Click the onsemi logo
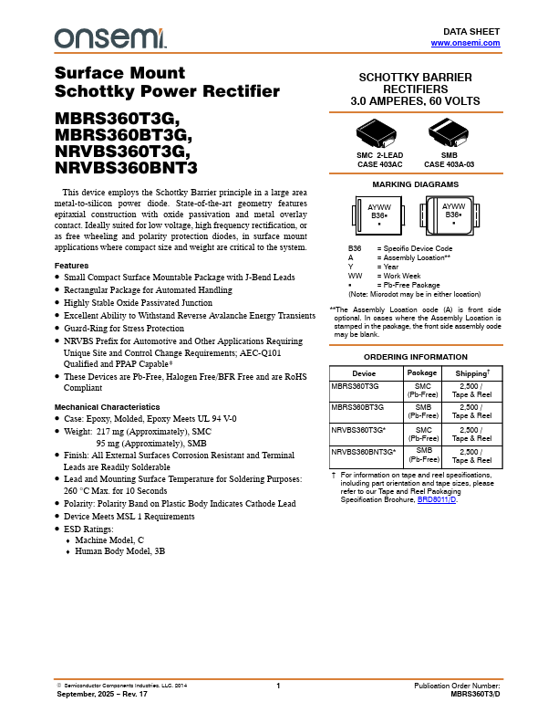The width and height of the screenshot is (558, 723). click(110, 37)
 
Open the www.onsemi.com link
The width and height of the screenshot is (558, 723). click(465, 43)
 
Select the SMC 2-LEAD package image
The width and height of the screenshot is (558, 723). click(379, 136)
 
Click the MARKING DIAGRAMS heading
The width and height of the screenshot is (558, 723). click(416, 184)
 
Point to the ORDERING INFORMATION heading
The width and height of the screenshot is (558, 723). click(416, 357)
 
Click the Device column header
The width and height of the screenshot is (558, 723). click(364, 372)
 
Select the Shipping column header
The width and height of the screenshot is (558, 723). click(472, 372)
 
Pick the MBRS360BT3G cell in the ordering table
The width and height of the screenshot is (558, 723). click(357, 407)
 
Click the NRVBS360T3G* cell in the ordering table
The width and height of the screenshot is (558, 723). click(359, 428)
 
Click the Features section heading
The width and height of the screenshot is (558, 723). click(71, 265)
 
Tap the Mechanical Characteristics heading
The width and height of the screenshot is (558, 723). click(107, 406)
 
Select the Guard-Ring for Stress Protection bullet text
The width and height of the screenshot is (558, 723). click(123, 329)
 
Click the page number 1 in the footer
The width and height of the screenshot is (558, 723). click(278, 685)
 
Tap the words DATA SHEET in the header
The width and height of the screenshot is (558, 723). click(478, 32)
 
